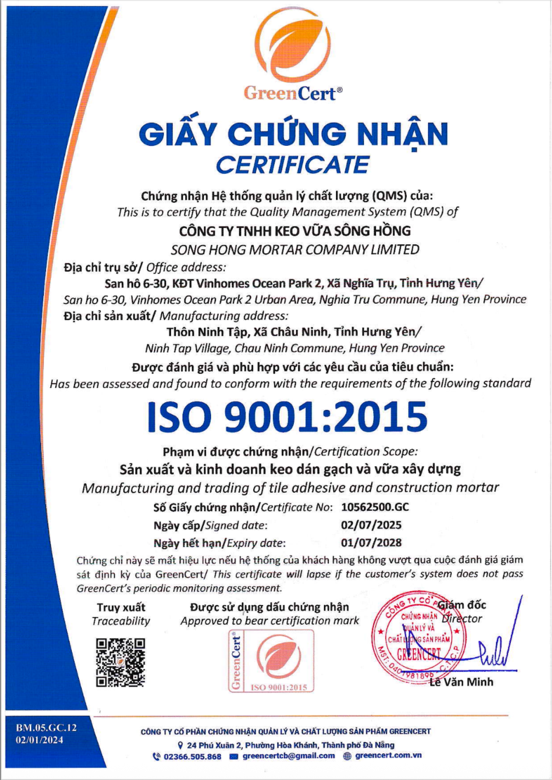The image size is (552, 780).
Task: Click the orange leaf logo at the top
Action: pos(293,45)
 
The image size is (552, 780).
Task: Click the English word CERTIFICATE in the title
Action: pos(293,165)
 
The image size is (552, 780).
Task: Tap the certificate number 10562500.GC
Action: pos(375,507)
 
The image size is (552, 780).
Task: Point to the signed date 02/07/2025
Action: pos(371,525)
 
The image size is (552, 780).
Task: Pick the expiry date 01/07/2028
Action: pos(371,542)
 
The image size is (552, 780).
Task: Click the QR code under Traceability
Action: pos(121,662)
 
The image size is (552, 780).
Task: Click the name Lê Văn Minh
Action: pos(461,682)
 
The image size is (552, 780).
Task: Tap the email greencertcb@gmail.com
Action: pos(288,756)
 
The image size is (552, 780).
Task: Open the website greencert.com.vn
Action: pos(388,755)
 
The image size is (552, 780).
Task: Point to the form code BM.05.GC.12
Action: pos(46,727)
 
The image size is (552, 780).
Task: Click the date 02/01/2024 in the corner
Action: pos(39,740)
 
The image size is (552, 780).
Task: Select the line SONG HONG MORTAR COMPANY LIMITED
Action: pos(295,250)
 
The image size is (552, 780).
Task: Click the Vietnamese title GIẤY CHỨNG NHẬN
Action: pos(294,134)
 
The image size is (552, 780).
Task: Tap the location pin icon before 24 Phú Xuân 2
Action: pos(180,745)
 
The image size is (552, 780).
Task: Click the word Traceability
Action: pos(121,621)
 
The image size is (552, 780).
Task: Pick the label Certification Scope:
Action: pos(366,452)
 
